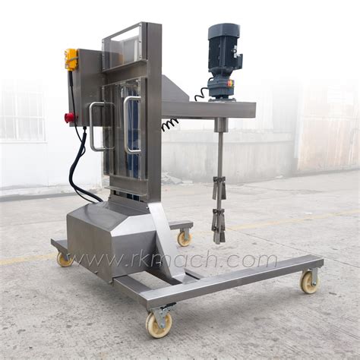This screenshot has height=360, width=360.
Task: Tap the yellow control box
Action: click(x=72, y=60)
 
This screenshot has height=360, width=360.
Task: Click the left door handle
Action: click(x=94, y=126)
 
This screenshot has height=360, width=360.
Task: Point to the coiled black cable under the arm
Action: click(x=170, y=124)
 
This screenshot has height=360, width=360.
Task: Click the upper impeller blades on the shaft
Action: click(x=219, y=187)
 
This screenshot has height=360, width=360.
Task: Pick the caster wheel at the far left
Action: click(x=65, y=259)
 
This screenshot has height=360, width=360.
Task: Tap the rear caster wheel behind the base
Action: click(x=184, y=238)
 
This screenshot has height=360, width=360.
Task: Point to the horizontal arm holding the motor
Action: click(x=213, y=109)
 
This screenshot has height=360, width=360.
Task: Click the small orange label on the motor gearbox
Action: click(x=231, y=84)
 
